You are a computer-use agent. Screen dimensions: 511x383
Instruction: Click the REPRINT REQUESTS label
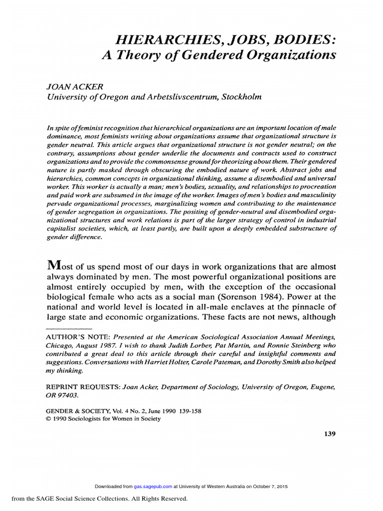pyautogui.click(x=79, y=387)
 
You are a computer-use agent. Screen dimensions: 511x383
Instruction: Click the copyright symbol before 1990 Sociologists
pyautogui.click(x=48, y=419)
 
